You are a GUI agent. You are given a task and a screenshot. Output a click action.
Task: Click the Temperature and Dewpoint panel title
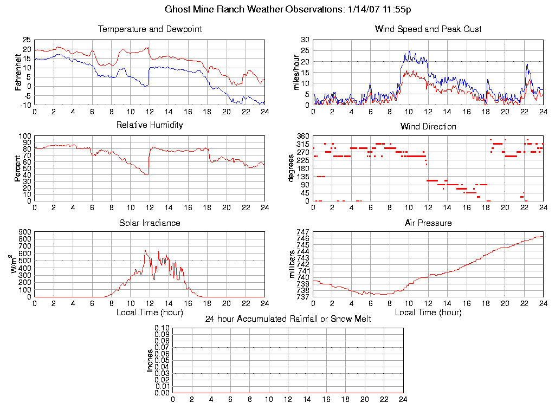tap(150, 29)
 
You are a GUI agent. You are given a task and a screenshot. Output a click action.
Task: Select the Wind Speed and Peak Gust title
tap(428, 29)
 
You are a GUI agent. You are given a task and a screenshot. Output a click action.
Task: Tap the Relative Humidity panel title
tap(150, 125)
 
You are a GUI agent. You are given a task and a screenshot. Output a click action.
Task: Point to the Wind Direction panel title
tap(428, 127)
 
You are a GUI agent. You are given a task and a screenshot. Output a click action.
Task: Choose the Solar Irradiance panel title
tap(150, 223)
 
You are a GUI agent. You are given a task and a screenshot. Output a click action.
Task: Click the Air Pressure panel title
tap(428, 223)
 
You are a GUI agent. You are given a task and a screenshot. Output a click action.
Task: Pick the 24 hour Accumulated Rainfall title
tap(288, 319)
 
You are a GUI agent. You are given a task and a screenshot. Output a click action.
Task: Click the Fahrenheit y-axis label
tap(18, 72)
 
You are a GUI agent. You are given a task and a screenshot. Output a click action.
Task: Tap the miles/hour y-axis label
tap(296, 72)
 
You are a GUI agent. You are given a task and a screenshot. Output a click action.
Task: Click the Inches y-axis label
tap(150, 360)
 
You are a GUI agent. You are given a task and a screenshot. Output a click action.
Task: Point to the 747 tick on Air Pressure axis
tap(302, 232)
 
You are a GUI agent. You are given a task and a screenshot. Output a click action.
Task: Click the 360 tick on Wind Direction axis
tap(302, 136)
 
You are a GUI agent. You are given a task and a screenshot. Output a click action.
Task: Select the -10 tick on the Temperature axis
tap(25, 105)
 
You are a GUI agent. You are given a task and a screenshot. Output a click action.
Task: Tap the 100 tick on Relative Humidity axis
tap(25, 136)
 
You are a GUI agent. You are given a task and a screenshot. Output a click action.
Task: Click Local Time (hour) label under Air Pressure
tap(428, 313)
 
